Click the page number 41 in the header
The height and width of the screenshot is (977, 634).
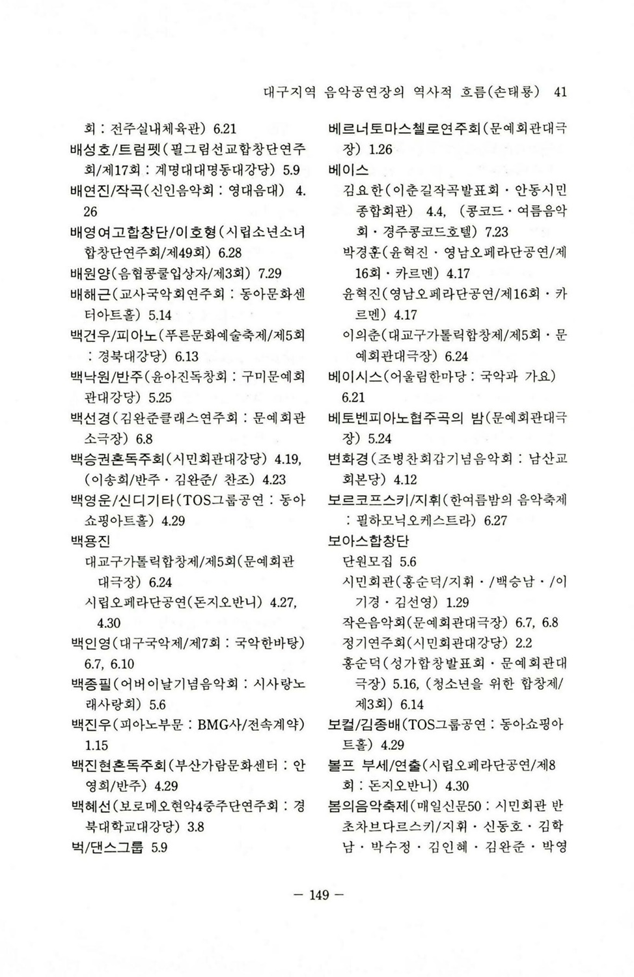pyautogui.click(x=560, y=92)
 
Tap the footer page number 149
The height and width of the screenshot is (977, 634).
pyautogui.click(x=319, y=895)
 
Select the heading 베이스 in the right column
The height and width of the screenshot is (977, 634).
pyautogui.click(x=349, y=170)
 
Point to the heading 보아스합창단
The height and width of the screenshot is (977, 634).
pyautogui.click(x=368, y=541)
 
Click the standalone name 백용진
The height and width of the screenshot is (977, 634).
pyautogui.click(x=90, y=541)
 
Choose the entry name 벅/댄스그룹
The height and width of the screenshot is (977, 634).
pyautogui.click(x=107, y=847)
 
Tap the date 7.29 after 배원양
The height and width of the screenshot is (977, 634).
pyautogui.click(x=269, y=274)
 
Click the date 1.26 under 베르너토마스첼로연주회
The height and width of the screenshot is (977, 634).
pyautogui.click(x=380, y=150)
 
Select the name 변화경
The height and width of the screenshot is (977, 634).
pyautogui.click(x=349, y=459)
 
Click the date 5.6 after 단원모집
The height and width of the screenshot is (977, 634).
pyautogui.click(x=408, y=561)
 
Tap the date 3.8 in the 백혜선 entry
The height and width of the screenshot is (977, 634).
pyautogui.click(x=195, y=827)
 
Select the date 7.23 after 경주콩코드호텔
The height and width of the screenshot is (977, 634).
pyautogui.click(x=497, y=232)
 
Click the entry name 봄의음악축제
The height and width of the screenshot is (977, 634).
pyautogui.click(x=368, y=807)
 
